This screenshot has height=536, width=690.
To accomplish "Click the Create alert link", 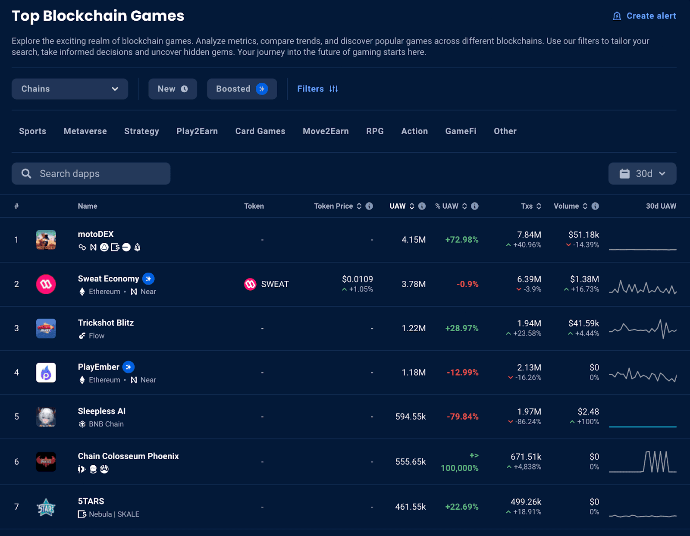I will pyautogui.click(x=645, y=16).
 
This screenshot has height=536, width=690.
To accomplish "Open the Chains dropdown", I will pyautogui.click(x=70, y=89).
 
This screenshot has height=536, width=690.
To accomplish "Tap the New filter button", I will pyautogui.click(x=172, y=89).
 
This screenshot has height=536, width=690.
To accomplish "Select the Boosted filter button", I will pyautogui.click(x=241, y=89).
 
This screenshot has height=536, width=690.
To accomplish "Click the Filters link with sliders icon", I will pyautogui.click(x=317, y=89).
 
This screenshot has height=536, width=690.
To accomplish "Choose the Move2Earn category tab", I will pyautogui.click(x=326, y=131).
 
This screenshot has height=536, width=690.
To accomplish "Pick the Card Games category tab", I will pyautogui.click(x=260, y=131).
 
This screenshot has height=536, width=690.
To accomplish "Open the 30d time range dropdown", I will pyautogui.click(x=642, y=174).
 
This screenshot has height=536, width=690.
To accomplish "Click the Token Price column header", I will pyautogui.click(x=333, y=206).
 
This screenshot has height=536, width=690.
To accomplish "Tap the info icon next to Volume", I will pyautogui.click(x=595, y=206).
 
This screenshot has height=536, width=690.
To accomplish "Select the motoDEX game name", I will pyautogui.click(x=96, y=234).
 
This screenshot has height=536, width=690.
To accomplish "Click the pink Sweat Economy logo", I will pyautogui.click(x=46, y=284).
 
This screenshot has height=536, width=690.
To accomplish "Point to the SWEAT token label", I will pyautogui.click(x=275, y=284).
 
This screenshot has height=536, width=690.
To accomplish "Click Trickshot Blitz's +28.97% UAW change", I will pyautogui.click(x=461, y=328).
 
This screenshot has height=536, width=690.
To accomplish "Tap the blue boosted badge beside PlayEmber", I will pyautogui.click(x=129, y=367).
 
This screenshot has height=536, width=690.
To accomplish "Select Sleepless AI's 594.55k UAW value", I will pyautogui.click(x=410, y=417).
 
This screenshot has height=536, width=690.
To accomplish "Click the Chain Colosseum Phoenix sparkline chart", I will pyautogui.click(x=643, y=462).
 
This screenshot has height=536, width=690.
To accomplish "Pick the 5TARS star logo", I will pyautogui.click(x=46, y=507).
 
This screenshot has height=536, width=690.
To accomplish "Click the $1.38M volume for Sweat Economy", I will pyautogui.click(x=584, y=279).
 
